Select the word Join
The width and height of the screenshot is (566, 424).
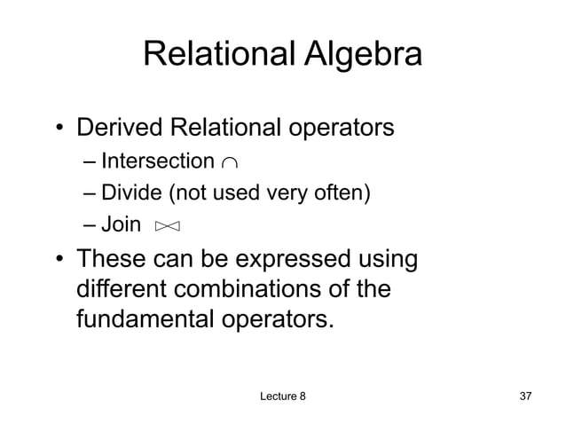pyautogui.click(x=121, y=224)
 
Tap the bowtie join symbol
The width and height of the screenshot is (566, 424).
pyautogui.click(x=167, y=227)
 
